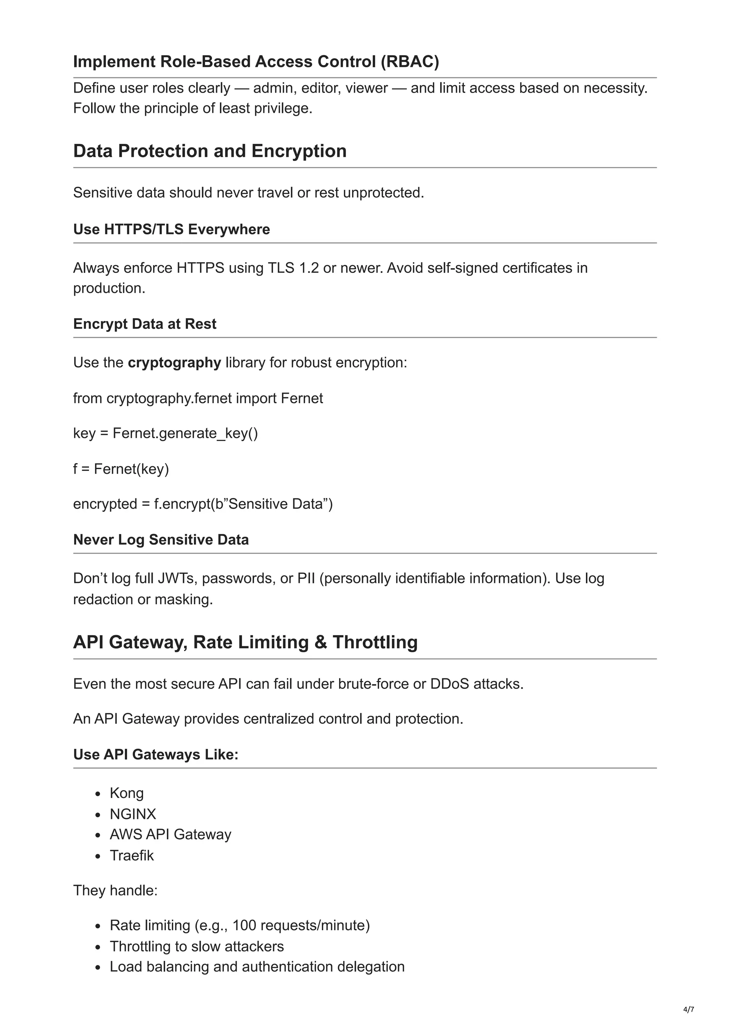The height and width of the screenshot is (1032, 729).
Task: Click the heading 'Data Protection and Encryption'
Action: click(x=210, y=151)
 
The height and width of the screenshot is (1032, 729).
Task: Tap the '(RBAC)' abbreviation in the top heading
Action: click(x=410, y=62)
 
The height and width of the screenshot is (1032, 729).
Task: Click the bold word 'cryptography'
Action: click(x=174, y=362)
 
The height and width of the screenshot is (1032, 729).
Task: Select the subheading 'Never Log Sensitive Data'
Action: click(x=161, y=539)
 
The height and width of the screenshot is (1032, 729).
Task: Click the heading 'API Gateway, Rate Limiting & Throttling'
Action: click(x=245, y=642)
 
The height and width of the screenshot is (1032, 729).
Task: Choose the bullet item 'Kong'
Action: click(x=127, y=793)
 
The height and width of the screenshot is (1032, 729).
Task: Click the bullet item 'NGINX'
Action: click(x=133, y=814)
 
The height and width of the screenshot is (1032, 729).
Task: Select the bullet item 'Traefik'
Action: click(x=132, y=855)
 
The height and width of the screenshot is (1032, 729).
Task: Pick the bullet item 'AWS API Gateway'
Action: click(x=170, y=834)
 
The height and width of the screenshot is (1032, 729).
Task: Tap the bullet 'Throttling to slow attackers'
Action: click(x=197, y=946)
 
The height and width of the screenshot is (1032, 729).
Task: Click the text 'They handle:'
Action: click(x=115, y=891)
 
